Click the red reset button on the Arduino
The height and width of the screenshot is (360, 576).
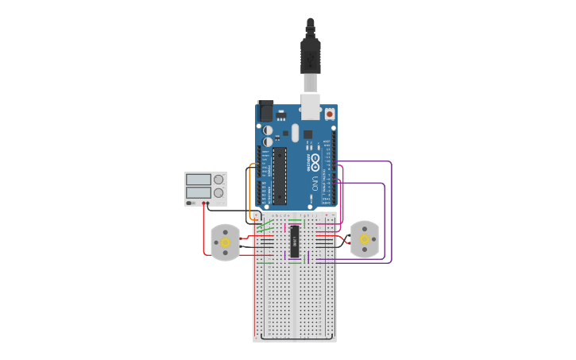(x=330, y=114)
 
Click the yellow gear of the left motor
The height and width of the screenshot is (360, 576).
(x=226, y=241)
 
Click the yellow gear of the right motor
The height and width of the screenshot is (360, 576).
(x=365, y=239)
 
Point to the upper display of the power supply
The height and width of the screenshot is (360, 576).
(x=199, y=180)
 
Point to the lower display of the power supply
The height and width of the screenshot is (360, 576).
(x=199, y=193)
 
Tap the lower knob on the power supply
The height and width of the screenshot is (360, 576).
(x=218, y=193)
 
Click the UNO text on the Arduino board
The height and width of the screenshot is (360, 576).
(x=315, y=184)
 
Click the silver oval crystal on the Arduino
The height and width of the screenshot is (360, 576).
(x=296, y=133)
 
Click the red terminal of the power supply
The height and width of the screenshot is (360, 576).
(x=207, y=203)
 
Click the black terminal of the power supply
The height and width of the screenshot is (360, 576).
(x=203, y=203)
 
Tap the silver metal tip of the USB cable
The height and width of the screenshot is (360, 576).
(x=309, y=83)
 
